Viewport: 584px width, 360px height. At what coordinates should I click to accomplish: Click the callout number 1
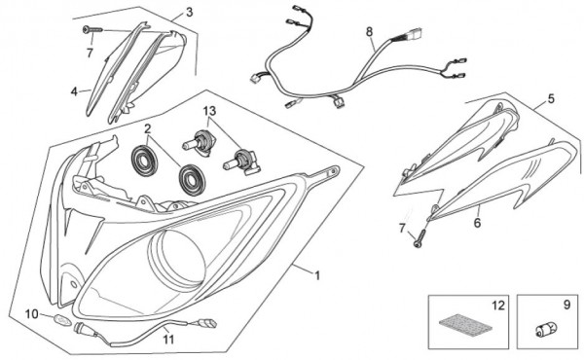pos(317,276)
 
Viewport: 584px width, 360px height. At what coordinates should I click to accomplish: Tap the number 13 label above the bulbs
pos(209,111)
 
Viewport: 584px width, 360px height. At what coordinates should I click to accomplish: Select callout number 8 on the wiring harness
pos(369,32)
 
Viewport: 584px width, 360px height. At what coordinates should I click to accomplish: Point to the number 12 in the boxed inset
pos(498,306)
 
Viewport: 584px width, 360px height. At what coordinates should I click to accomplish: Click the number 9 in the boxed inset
pos(566,305)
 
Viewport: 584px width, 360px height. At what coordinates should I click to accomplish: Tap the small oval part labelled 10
pos(63,320)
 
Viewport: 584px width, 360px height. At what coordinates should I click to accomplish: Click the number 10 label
pos(32,314)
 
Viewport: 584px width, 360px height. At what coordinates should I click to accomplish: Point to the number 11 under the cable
pos(168,340)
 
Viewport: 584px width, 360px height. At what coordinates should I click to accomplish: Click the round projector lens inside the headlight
pos(178,260)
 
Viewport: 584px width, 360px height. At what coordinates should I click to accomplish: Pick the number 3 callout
pos(190,12)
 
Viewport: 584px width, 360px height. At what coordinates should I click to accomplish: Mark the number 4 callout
pos(74,91)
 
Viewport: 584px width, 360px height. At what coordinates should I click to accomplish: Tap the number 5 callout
pos(551,98)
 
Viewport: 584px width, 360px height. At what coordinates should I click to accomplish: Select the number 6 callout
pos(477,223)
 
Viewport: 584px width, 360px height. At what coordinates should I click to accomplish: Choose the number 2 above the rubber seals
pos(148,128)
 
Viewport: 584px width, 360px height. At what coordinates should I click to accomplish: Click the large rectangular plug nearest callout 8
pos(415,33)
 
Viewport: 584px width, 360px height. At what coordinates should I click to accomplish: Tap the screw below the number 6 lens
pos(419,238)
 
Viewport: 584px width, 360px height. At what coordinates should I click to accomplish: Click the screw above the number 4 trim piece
pos(92,29)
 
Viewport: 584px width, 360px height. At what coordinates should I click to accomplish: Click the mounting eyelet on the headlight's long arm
pos(333,172)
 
